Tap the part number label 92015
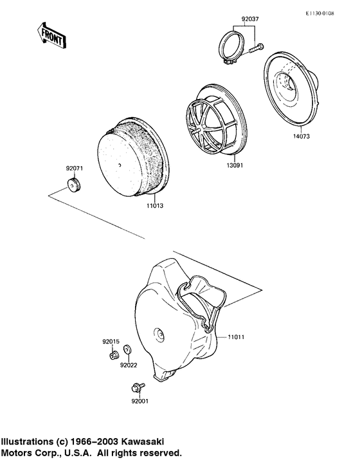point(111,340)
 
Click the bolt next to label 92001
point(137,387)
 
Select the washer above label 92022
point(127,349)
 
